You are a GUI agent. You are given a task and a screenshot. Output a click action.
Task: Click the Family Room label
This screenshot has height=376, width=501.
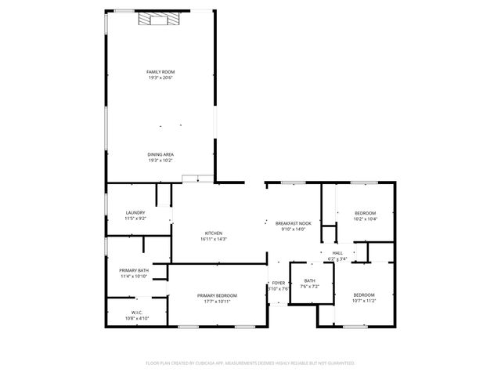[x=160, y=72]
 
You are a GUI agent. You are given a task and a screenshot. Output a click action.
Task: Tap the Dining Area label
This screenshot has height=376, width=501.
[x=160, y=155]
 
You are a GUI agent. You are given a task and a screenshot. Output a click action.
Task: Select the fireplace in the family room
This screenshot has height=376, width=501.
[x=160, y=19]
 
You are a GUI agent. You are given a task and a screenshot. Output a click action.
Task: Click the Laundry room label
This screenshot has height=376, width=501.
[x=135, y=213]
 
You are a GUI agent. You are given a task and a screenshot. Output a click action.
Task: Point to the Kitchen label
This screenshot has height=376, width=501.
[x=214, y=233]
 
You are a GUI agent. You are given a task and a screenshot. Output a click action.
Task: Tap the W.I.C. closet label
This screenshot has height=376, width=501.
[x=136, y=313]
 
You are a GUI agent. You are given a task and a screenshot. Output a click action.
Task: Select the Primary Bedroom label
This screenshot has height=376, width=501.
[x=217, y=295]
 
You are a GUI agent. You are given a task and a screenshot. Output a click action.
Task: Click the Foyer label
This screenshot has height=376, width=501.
[x=279, y=283]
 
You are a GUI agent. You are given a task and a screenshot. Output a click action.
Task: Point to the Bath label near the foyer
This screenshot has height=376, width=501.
[x=310, y=280]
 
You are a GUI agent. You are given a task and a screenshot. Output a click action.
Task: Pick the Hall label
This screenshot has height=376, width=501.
[x=337, y=252]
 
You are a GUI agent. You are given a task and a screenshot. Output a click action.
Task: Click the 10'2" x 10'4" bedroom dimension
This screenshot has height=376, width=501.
[x=366, y=219]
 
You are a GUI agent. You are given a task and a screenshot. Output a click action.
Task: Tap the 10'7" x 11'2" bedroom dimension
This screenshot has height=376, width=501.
[x=365, y=300]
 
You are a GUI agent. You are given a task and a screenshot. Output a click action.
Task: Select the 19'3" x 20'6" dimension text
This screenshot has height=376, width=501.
[x=160, y=78]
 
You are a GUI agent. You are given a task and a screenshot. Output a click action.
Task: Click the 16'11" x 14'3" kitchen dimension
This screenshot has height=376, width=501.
[x=214, y=238]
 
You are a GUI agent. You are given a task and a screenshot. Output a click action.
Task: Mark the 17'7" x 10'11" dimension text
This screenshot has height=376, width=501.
[x=217, y=300]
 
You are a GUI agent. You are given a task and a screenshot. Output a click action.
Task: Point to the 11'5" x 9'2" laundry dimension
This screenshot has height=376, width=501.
[x=135, y=219]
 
